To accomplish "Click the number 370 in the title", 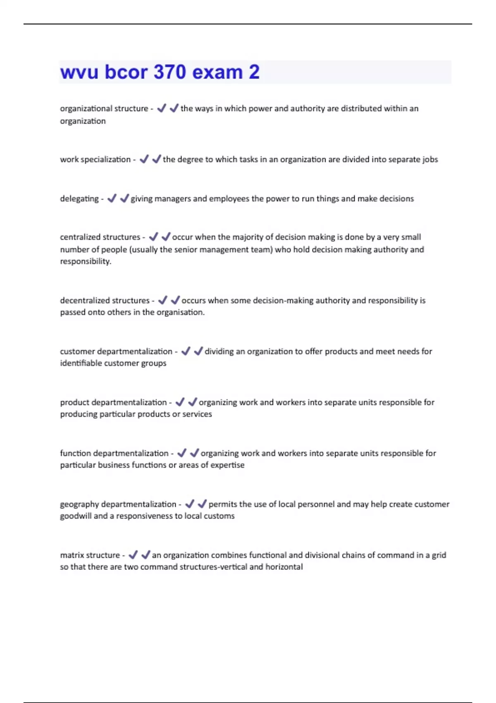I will (169, 72).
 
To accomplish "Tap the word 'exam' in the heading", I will (217, 72).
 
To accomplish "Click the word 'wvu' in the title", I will (79, 72).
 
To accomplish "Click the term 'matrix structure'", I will (90, 555).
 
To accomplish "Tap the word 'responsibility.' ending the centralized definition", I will (86, 261).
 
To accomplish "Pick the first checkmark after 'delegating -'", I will (112, 198).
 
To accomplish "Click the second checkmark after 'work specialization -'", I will (156, 159).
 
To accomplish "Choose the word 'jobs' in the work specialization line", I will (430, 160).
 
